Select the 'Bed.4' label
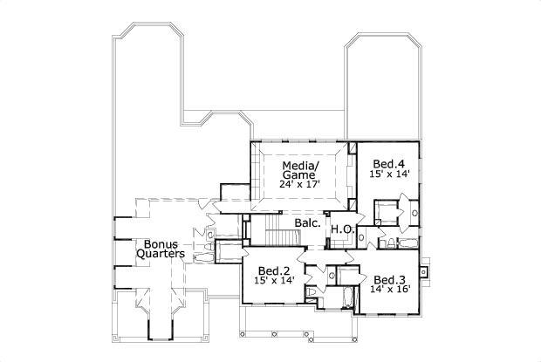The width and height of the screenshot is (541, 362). click(387, 163)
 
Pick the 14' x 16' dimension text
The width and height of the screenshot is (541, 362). click(388, 291)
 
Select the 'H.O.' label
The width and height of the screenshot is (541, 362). click(341, 229)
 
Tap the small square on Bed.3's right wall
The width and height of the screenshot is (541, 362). click(424, 272)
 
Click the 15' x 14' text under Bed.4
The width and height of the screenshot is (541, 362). click(388, 175)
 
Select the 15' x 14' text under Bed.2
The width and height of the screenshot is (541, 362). click(274, 281)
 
